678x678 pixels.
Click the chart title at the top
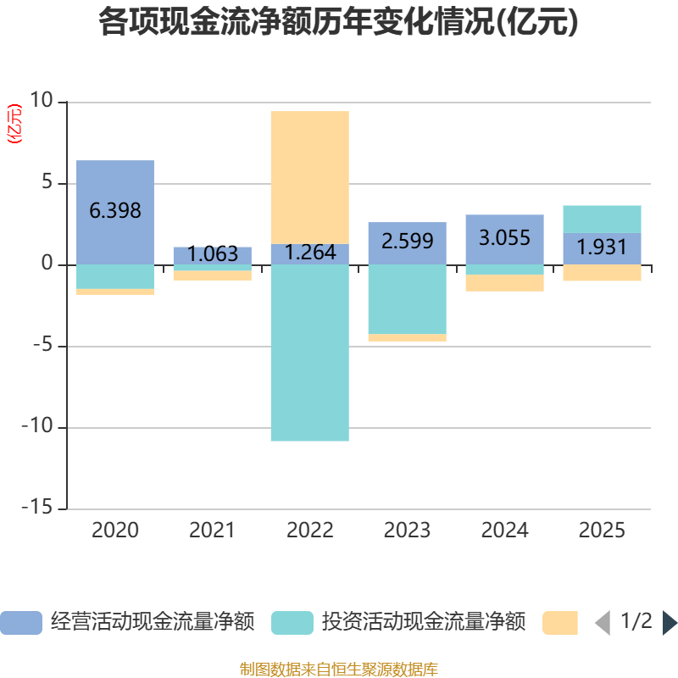338,22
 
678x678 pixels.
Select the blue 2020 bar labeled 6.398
115,211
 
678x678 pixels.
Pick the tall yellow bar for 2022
310,177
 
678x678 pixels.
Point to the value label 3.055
505,238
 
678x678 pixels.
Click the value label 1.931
602,247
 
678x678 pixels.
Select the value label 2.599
407,241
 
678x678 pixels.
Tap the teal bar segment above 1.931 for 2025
602,219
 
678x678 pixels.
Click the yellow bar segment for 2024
505,283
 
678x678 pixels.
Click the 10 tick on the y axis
41,101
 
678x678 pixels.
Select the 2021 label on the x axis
212,531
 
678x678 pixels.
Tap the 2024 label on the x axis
505,531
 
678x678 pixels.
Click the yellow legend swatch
559,622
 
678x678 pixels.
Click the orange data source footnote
338,670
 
